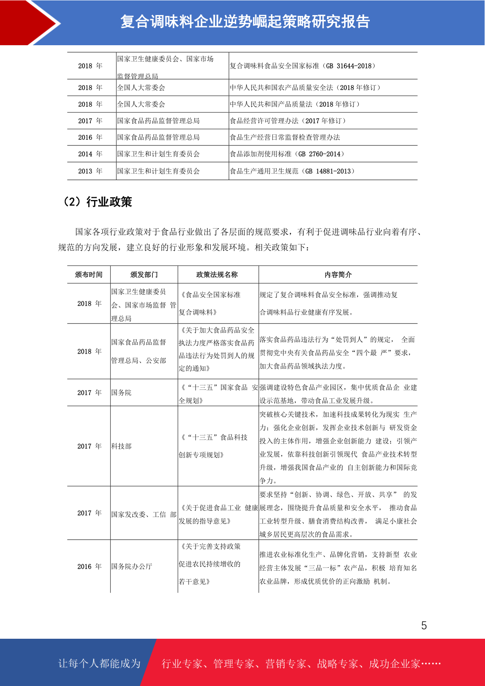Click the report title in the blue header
pos(245,22)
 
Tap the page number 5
pos(424,625)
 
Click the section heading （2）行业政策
pos(97,202)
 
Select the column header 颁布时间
pos(89,275)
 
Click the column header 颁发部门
pos(144,275)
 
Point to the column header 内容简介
pos(338,275)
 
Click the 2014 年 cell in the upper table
pos(90,154)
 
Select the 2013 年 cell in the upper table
pos(90,171)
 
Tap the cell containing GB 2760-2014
pos(287,154)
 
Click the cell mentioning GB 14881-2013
pos(292,171)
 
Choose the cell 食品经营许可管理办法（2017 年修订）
pos(288,121)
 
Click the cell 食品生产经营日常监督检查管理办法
pos(285,137)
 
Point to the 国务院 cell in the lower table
pos(121,393)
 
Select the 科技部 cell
pos(121,446)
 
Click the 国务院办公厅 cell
pos(132,566)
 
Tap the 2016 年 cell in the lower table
pos(89,566)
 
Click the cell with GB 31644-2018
pos(303,66)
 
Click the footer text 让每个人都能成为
pos(99,664)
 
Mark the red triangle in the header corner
pos(22,22)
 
